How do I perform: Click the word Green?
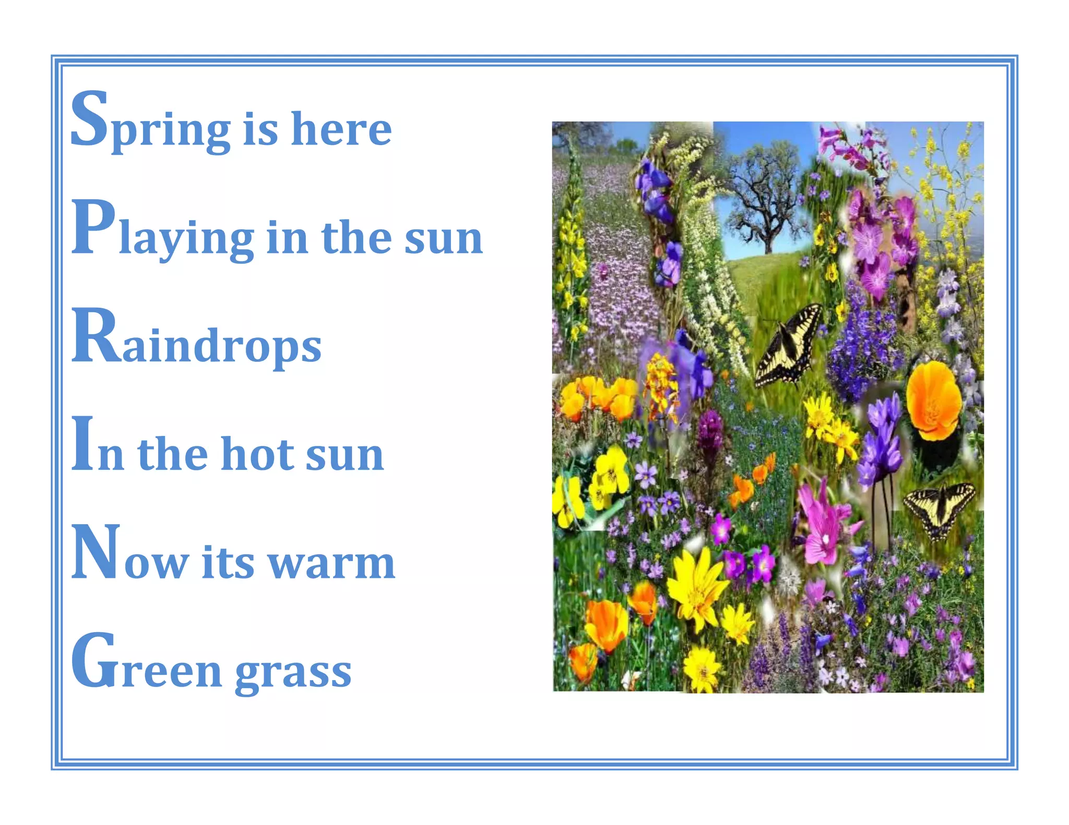click(x=146, y=665)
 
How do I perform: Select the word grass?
click(x=293, y=673)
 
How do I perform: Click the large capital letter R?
click(x=97, y=336)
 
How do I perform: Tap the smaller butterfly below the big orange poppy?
click(x=940, y=508)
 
